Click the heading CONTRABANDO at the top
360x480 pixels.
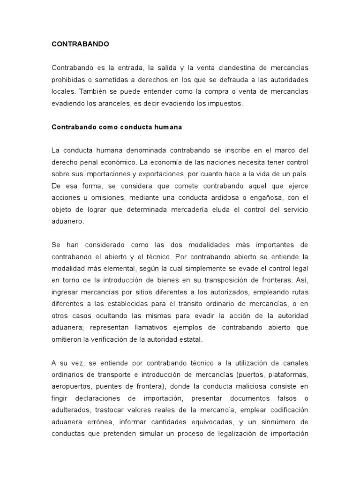[x=80, y=44]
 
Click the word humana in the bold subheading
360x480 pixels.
[x=167, y=127]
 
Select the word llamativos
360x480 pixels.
[x=160, y=327]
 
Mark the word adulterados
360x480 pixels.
[x=71, y=409]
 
